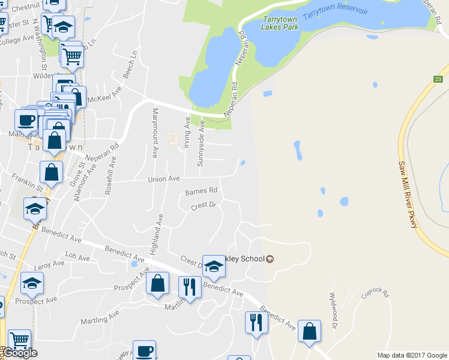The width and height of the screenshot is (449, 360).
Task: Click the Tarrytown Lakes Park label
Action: click(279, 23)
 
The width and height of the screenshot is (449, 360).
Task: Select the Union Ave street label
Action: click(164, 179)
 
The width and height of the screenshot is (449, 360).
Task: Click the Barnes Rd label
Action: click(200, 192)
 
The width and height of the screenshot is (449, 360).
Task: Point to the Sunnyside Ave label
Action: click(202, 143)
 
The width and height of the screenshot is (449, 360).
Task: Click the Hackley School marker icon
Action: click(270, 259)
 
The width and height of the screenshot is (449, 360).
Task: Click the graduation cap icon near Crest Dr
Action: click(213, 266)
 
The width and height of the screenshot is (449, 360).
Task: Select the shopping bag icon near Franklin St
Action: click(51, 172)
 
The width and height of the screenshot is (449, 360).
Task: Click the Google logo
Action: click(20, 353)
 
